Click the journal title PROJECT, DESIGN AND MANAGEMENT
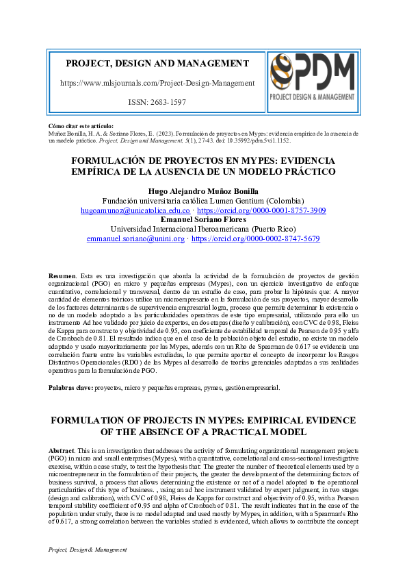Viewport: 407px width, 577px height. pyautogui.click(x=157, y=64)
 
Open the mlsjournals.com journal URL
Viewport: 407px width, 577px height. pyautogui.click(x=157, y=83)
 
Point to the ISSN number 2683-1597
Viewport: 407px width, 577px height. pyautogui.click(x=166, y=102)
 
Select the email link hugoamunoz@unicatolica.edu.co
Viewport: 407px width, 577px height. pyautogui.click(x=135, y=211)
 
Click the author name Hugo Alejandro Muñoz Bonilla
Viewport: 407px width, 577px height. pyautogui.click(x=203, y=191)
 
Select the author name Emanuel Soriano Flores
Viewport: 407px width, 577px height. pyautogui.click(x=203, y=220)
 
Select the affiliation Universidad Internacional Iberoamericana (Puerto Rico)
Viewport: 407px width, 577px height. pyautogui.click(x=203, y=230)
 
